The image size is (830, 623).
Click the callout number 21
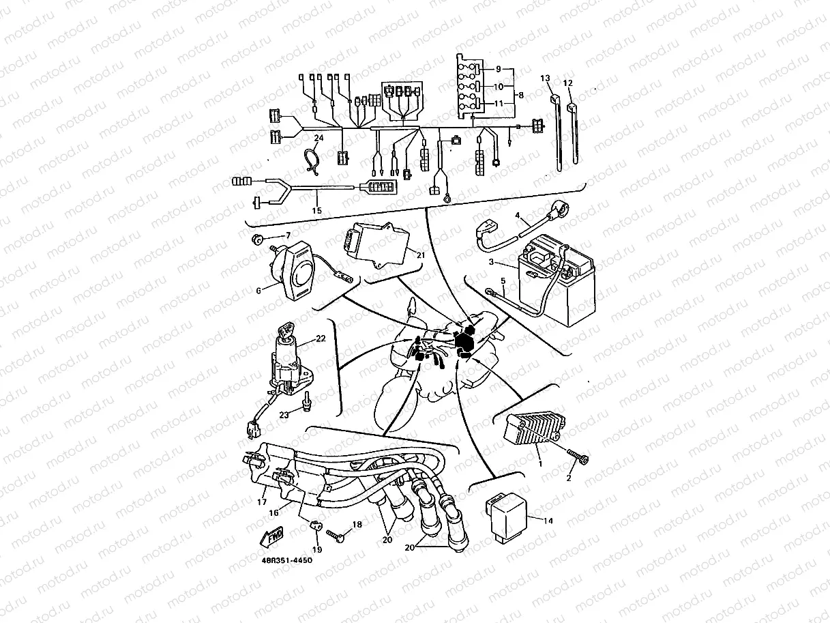420,255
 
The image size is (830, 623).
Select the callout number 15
316,211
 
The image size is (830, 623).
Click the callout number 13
545,78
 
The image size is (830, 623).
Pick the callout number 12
567,83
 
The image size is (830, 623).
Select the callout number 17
261,502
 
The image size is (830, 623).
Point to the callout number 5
503,279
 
